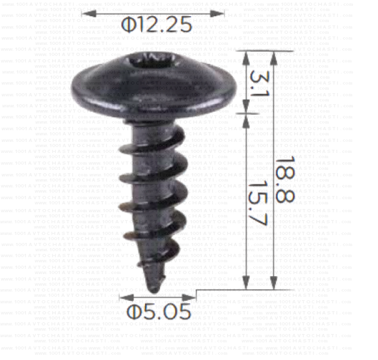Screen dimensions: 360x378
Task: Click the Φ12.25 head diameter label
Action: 157,25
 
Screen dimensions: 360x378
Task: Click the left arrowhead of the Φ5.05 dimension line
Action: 125,296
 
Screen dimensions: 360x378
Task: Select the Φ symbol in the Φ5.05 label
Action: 135,311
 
